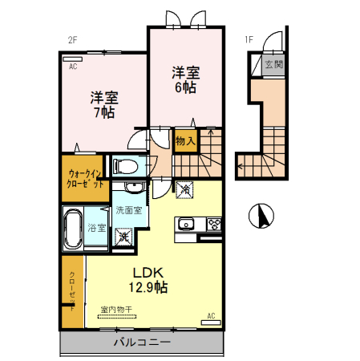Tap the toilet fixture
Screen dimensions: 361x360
124,166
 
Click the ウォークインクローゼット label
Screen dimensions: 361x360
85,177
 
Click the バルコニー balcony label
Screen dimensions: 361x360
141,343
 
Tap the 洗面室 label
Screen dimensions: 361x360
128,211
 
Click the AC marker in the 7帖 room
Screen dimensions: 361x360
72,67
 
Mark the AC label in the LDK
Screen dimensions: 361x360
211,315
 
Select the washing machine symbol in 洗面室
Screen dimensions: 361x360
125,237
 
